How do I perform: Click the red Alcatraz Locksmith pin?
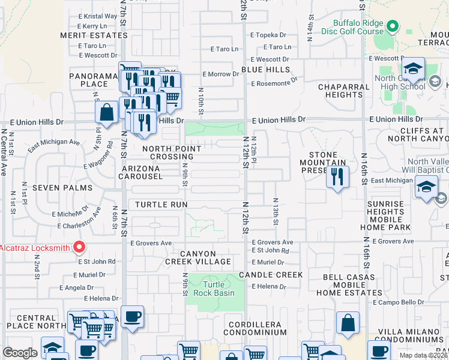(x=79, y=247)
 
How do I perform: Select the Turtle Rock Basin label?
(x=214, y=289)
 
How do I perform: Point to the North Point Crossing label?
(x=172, y=152)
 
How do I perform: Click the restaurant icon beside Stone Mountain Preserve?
(x=337, y=177)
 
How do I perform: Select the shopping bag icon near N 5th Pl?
(x=106, y=112)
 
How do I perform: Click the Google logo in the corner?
(x=20, y=353)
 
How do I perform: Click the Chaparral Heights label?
(x=340, y=91)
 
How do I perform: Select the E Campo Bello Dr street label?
(x=399, y=302)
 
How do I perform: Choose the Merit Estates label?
(x=94, y=35)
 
